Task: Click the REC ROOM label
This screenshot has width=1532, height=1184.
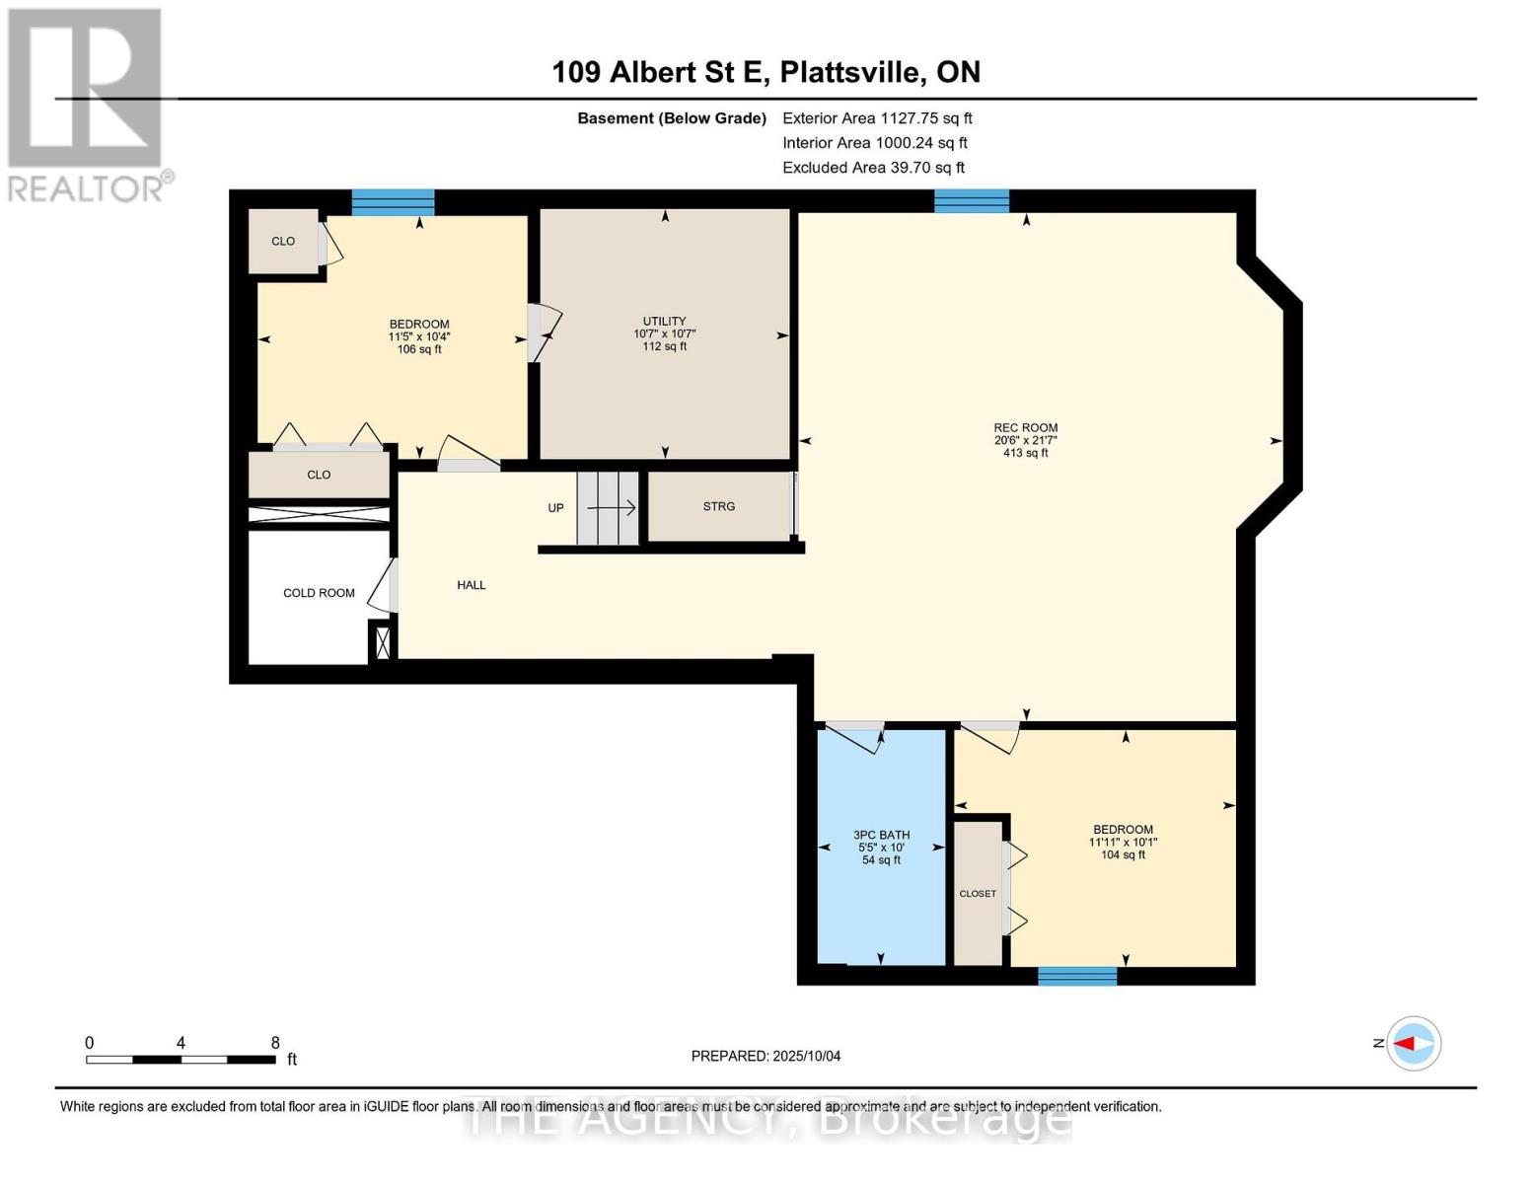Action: pos(1025,428)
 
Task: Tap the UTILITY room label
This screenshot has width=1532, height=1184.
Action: pos(664,321)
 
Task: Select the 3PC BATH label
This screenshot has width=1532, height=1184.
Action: pos(881,835)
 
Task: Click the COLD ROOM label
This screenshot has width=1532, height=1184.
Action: pos(319,593)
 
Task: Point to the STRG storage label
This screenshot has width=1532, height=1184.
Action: pos(718,506)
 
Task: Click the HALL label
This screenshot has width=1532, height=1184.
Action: pos(471,585)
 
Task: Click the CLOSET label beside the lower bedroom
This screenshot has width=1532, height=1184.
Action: pos(977,894)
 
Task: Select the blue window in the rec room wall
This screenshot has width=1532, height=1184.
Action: pos(972,201)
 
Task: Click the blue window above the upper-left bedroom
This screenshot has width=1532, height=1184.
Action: pos(393,202)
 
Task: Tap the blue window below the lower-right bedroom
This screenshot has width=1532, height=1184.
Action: pos(1076,976)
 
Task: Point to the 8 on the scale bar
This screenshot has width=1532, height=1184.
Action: pos(275,1043)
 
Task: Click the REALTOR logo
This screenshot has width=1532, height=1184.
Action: pos(87,104)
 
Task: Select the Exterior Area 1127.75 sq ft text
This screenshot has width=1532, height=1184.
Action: pos(877,118)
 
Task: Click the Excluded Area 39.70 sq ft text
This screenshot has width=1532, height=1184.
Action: pos(873,168)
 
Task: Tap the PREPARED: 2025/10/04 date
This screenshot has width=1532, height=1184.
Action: pos(766,1056)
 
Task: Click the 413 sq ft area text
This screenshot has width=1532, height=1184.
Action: pos(1025,453)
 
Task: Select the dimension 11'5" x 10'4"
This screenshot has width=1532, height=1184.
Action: pos(419,336)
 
